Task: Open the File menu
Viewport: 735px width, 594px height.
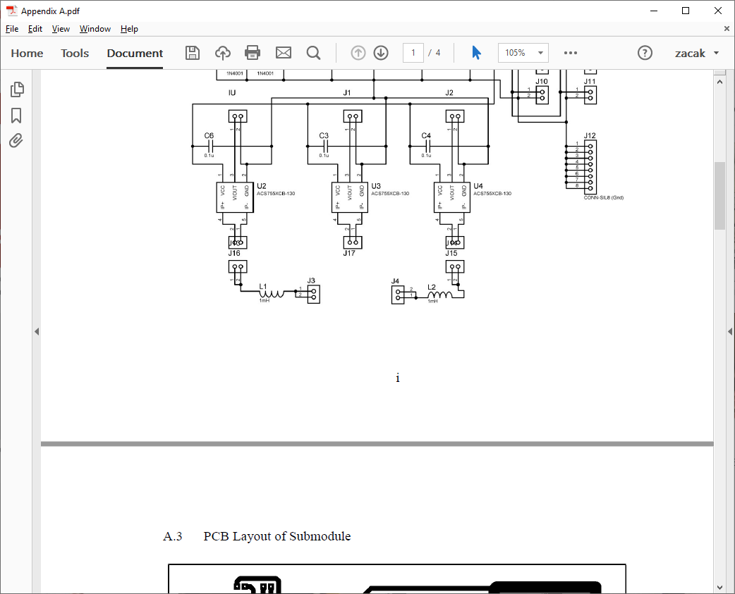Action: [x=11, y=29]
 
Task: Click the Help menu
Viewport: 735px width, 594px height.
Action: [x=129, y=29]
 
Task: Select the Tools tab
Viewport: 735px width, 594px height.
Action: [x=75, y=54]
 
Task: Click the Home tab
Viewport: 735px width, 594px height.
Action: [x=27, y=54]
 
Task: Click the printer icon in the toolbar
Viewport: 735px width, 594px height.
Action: [x=253, y=53]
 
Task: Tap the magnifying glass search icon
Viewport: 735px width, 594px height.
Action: [x=313, y=53]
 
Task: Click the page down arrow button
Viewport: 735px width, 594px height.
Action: [x=381, y=53]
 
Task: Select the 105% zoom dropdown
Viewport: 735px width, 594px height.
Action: [x=523, y=53]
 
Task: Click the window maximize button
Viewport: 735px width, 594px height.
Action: [x=686, y=11]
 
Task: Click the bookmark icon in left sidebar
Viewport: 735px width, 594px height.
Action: [x=17, y=116]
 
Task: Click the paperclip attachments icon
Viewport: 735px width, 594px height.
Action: [x=17, y=141]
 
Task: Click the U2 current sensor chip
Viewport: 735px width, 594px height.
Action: [x=234, y=197]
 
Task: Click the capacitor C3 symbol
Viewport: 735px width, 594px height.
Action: [x=324, y=146]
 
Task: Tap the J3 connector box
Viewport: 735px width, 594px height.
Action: [x=312, y=293]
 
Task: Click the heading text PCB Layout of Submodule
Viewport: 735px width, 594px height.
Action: [x=277, y=536]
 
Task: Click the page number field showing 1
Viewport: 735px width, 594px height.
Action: [x=413, y=53]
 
